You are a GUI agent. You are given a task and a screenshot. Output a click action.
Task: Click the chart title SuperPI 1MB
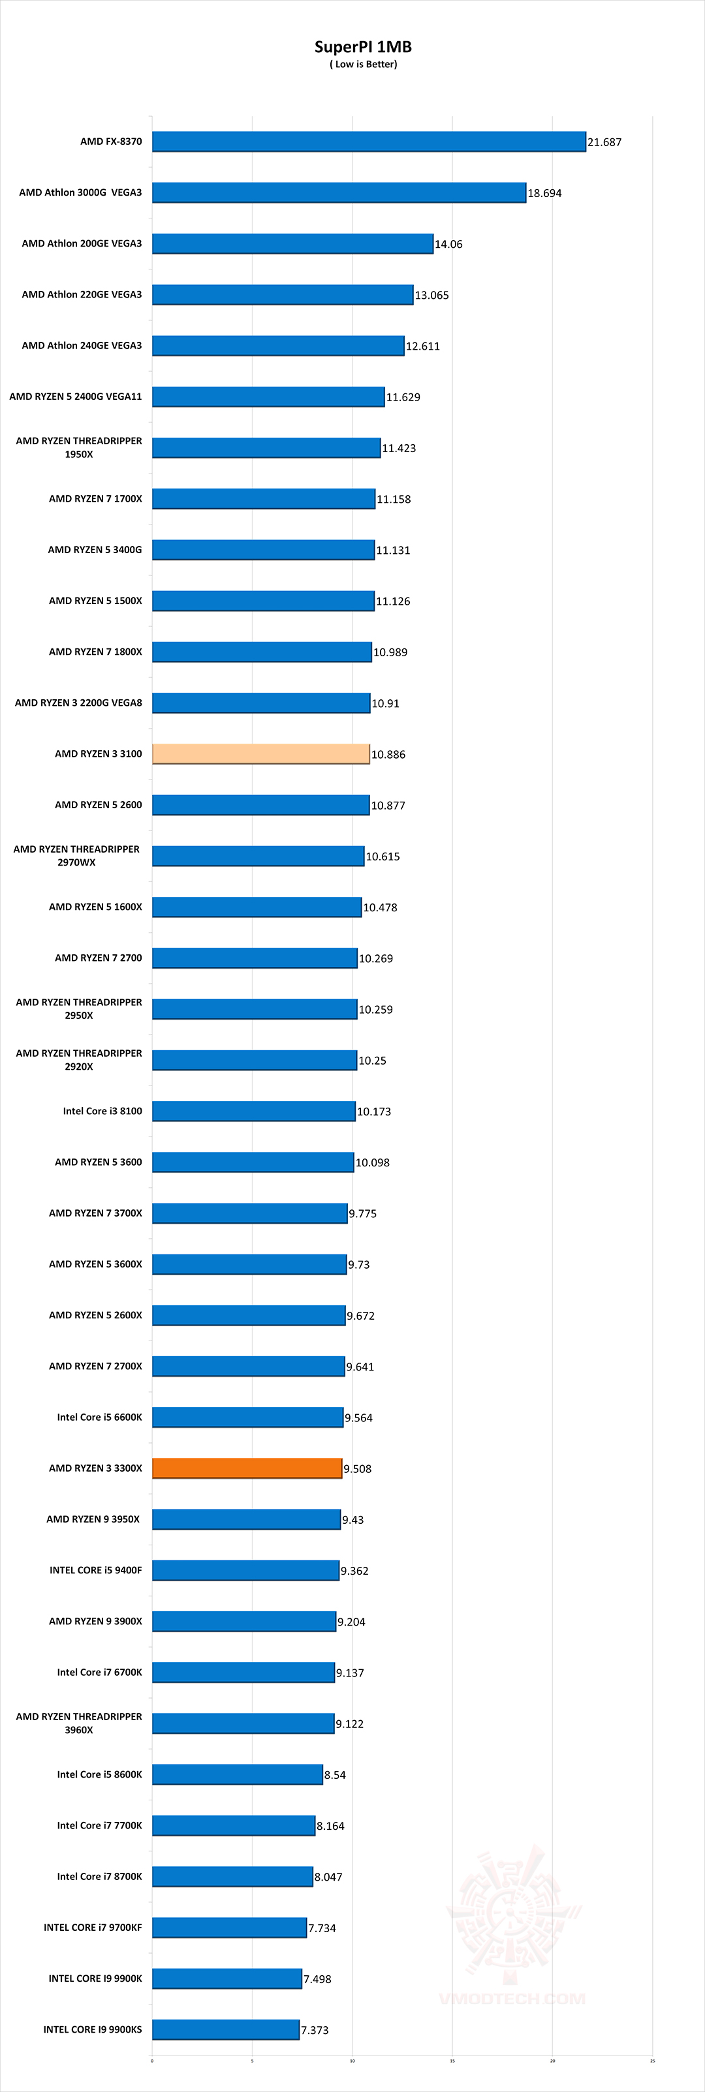tap(363, 46)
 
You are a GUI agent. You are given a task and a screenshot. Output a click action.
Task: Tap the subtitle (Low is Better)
tap(363, 64)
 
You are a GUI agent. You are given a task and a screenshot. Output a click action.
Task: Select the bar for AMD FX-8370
tap(369, 142)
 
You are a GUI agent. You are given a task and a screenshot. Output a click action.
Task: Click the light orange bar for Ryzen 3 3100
tap(260, 753)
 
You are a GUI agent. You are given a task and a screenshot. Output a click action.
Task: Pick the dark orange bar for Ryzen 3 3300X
tap(247, 1468)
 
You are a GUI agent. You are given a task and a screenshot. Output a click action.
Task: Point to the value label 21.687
tap(604, 142)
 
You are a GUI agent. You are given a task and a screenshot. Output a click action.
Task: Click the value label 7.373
tap(315, 2029)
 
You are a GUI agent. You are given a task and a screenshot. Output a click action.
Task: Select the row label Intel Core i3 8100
tap(102, 1111)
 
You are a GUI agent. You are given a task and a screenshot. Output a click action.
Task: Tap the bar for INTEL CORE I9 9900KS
tap(226, 2029)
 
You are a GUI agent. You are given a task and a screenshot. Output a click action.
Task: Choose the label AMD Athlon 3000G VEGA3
tap(80, 192)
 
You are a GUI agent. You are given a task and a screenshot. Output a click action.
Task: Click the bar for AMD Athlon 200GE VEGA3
tap(292, 243)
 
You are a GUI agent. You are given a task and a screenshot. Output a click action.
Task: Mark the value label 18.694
tap(544, 193)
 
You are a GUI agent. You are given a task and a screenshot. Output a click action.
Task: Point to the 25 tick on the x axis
tap(652, 2060)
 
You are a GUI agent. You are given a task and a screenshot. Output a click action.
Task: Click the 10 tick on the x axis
tap(352, 2060)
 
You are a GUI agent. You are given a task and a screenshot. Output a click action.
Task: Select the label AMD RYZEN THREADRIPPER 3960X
tap(79, 1723)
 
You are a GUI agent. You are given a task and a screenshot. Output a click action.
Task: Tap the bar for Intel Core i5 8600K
tap(237, 1774)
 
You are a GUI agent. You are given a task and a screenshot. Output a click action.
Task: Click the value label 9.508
tap(357, 1468)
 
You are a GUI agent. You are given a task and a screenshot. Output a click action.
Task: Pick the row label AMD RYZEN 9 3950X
tap(93, 1519)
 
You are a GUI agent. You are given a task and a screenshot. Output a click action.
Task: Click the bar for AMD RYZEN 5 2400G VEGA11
tap(268, 397)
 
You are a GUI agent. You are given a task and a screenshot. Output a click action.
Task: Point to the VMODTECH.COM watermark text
tap(512, 1999)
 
